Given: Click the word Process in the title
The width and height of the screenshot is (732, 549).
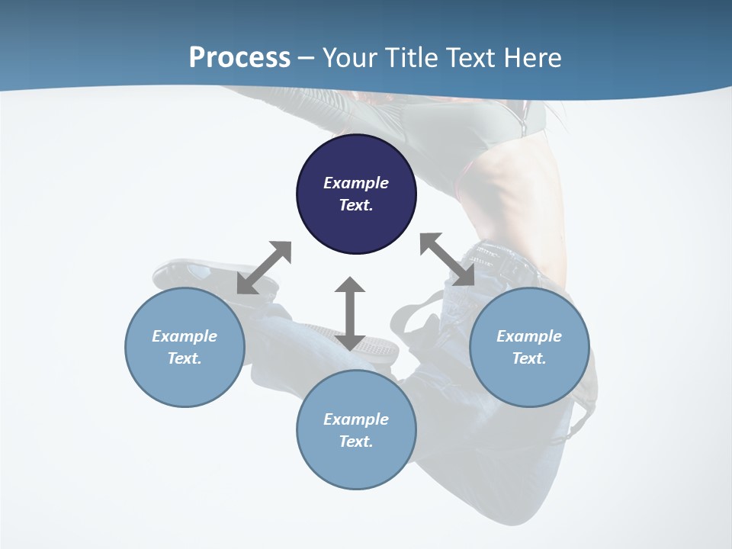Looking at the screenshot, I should [x=239, y=57].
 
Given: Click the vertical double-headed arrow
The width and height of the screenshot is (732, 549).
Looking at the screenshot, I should [x=350, y=313].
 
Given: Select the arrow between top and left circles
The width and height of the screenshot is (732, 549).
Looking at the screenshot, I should [x=264, y=268].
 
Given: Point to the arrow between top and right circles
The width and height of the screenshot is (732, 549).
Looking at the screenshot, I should [x=448, y=260].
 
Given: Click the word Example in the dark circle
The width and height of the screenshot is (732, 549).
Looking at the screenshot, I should [x=356, y=183].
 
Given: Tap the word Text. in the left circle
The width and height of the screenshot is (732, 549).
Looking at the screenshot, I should [x=185, y=358].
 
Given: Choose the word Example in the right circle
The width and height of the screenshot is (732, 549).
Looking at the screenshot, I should [x=529, y=336].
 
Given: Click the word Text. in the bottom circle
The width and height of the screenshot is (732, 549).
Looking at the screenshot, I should [x=356, y=441].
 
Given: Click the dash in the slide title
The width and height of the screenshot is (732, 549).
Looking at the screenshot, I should [x=307, y=58].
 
